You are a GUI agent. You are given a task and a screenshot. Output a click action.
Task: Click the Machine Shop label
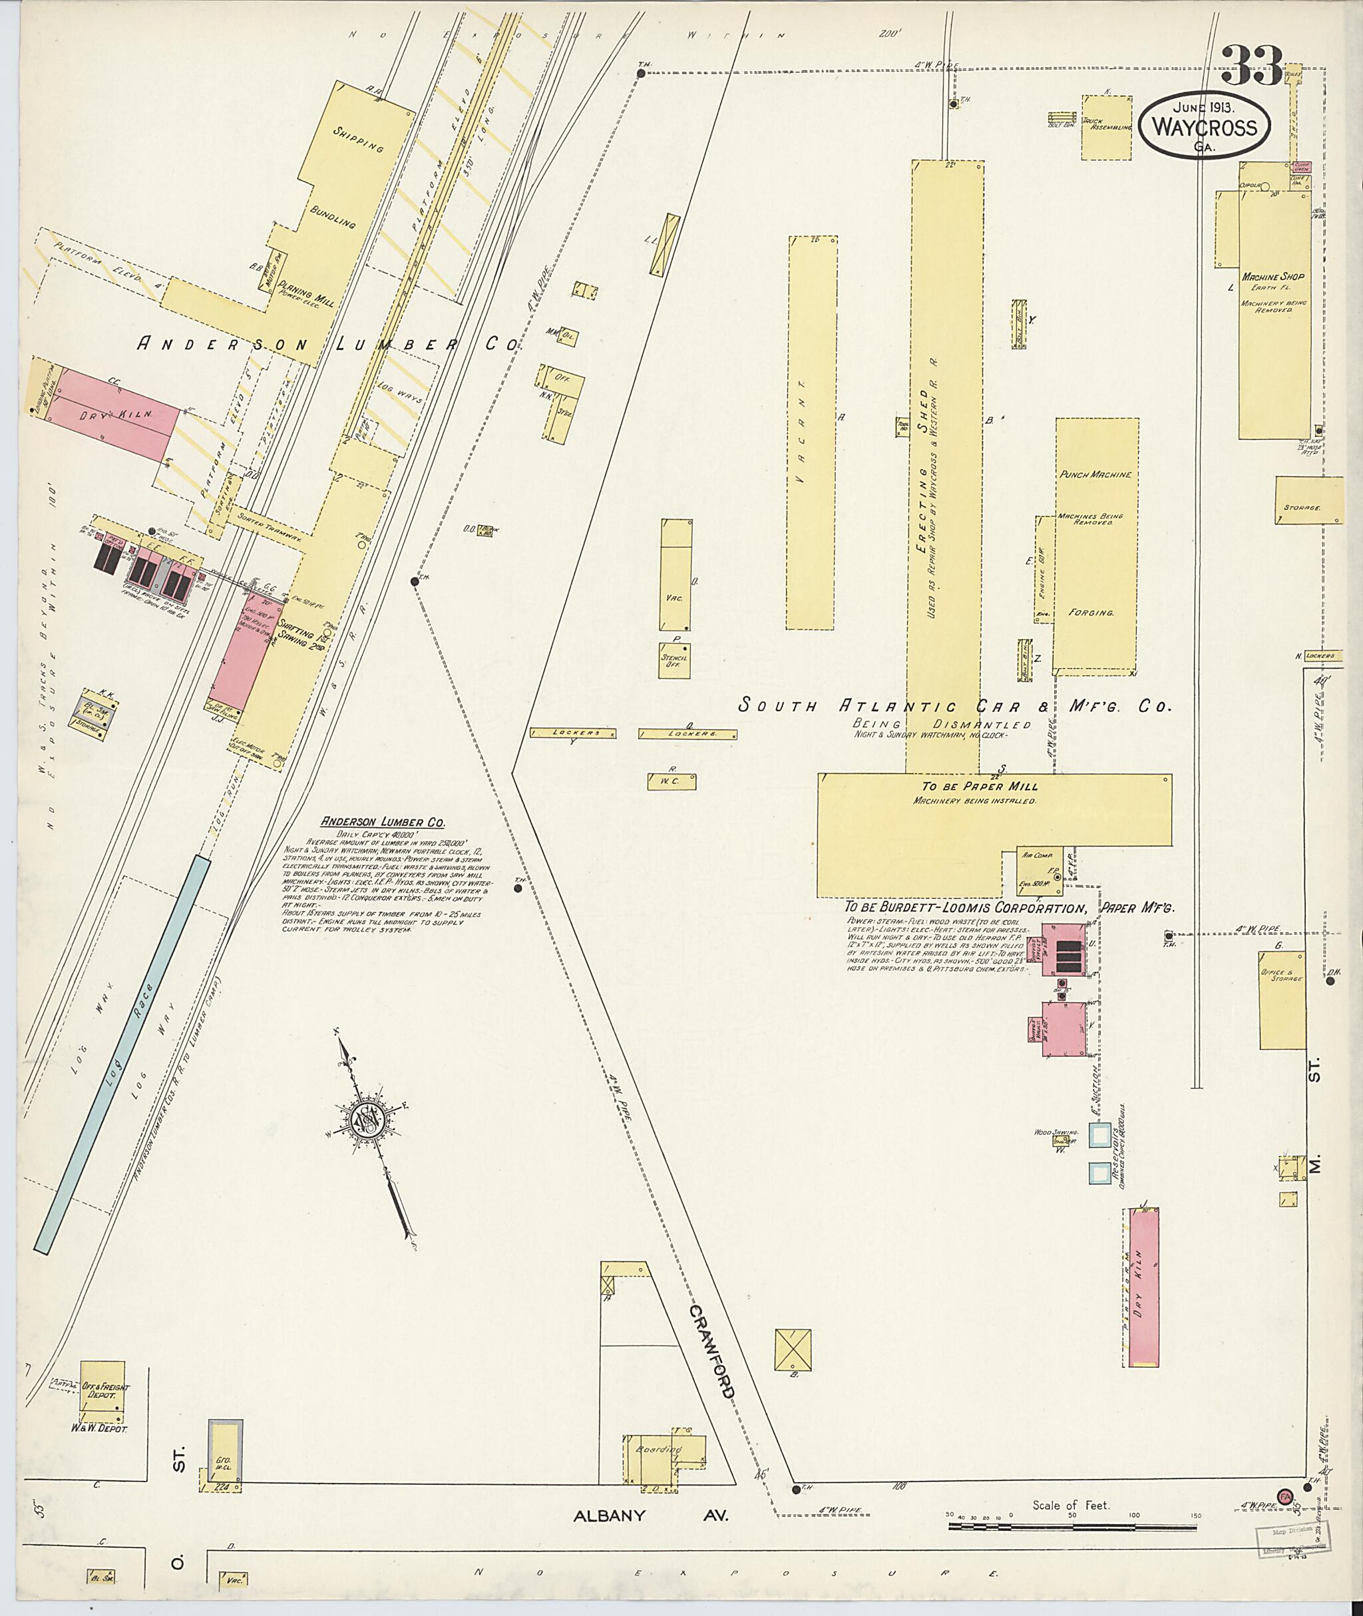tap(1272, 276)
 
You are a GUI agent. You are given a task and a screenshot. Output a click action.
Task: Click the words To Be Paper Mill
tap(979, 786)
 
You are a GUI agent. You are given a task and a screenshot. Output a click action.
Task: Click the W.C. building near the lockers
tap(672, 782)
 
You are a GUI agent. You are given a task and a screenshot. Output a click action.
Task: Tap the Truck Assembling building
tap(1107, 128)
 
